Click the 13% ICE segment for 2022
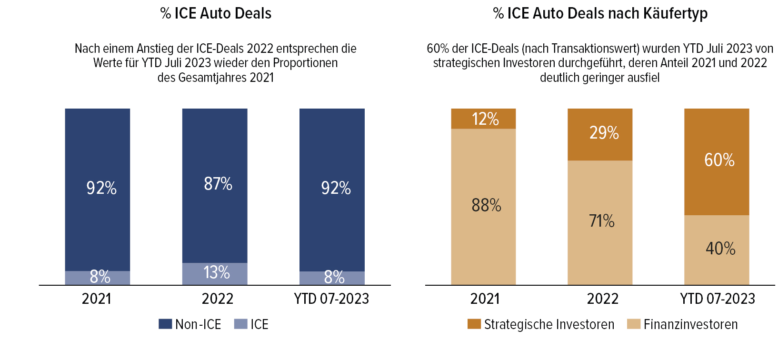coord(215,273)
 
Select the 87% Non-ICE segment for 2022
coord(215,186)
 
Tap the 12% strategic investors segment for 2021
coord(483,119)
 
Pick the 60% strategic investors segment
coord(717,162)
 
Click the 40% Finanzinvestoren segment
coord(717,250)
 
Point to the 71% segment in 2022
coord(600,222)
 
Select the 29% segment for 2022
coord(600,134)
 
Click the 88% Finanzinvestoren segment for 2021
coord(483,206)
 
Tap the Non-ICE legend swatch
coord(165,324)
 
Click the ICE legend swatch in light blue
coord(241,324)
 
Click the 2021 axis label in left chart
coord(96,299)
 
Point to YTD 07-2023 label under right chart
coord(718,299)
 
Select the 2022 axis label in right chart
coord(602,299)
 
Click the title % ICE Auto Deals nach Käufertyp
coord(600,13)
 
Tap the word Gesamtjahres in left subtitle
coord(209,78)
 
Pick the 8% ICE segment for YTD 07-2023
coord(332,278)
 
